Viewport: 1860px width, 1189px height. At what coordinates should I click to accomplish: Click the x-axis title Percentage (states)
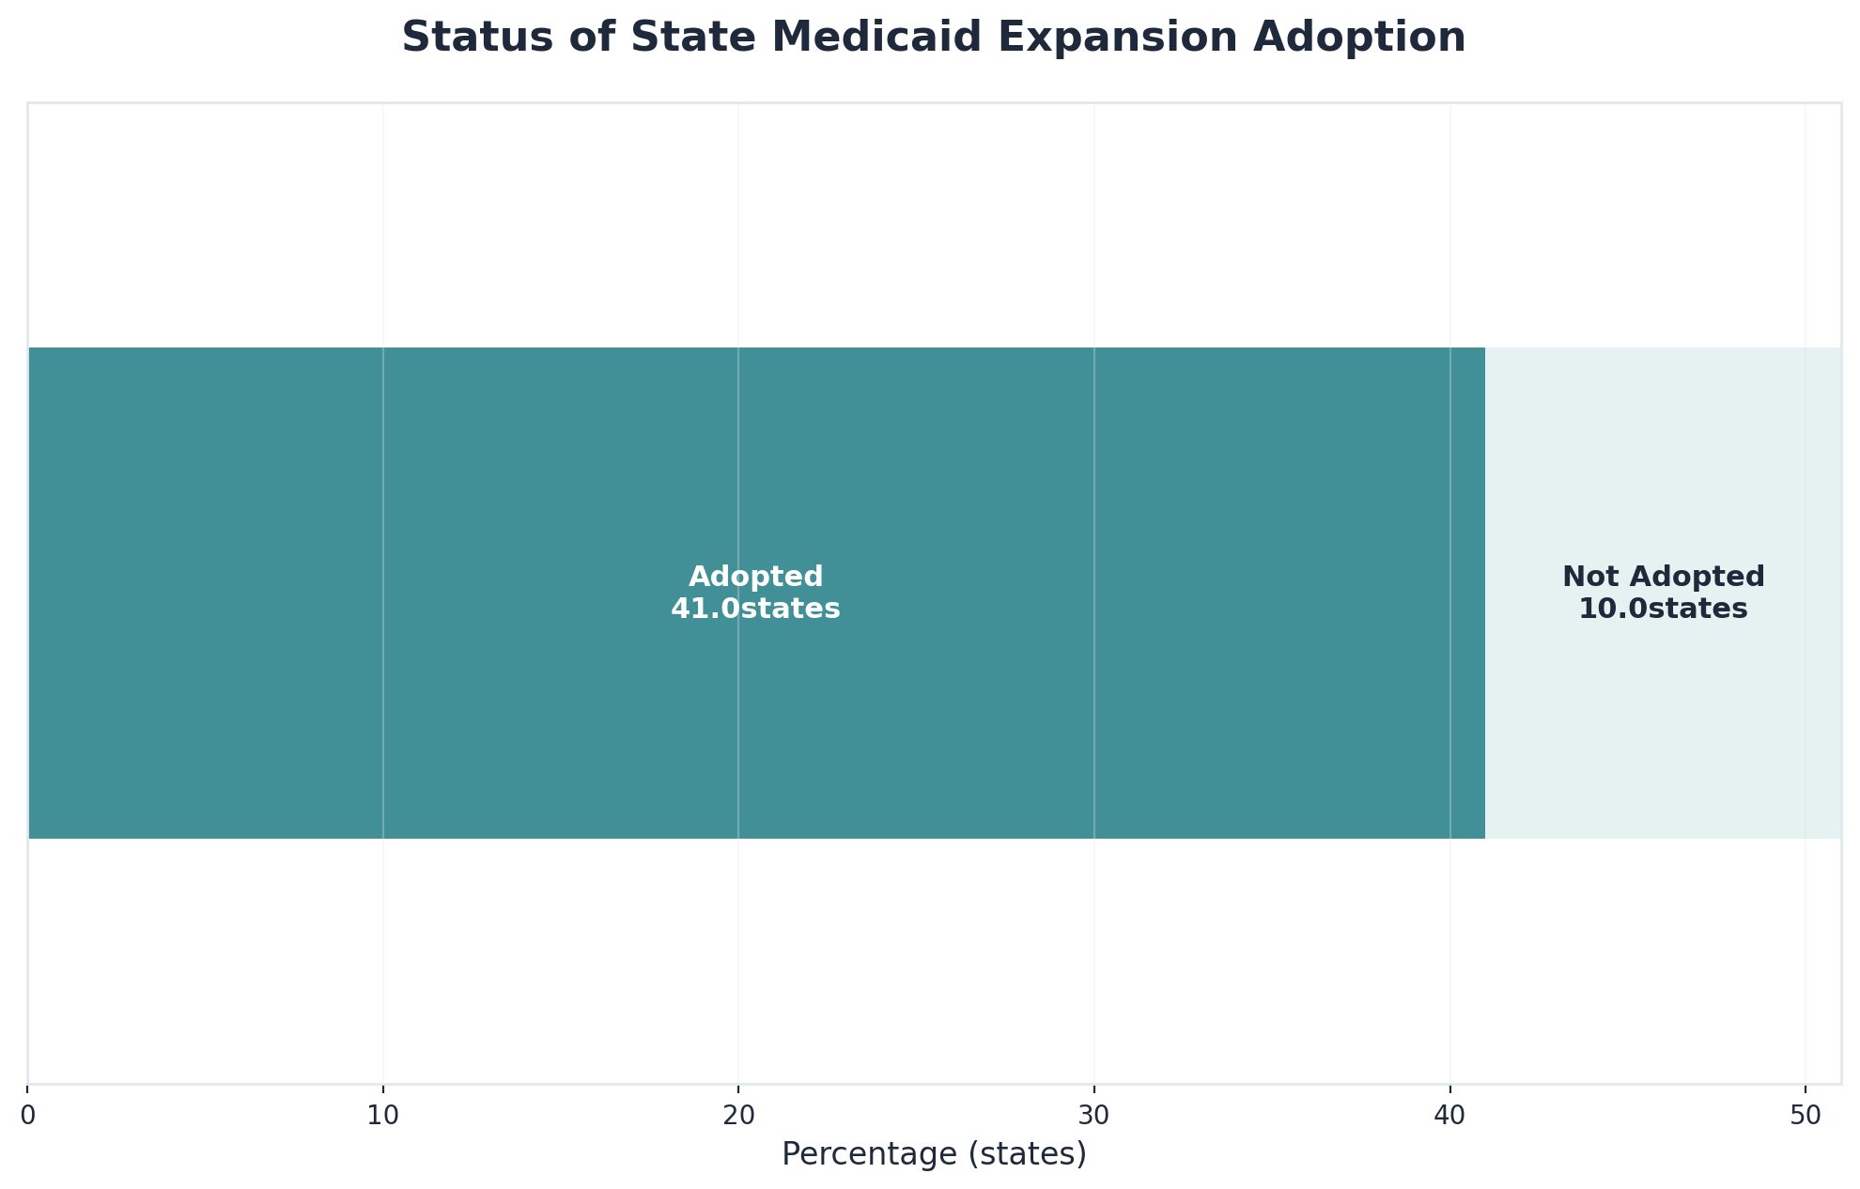pyautogui.click(x=934, y=1154)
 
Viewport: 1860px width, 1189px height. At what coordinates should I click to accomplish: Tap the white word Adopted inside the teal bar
pyautogui.click(x=755, y=577)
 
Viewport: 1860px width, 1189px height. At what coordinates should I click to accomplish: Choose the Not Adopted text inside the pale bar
pyautogui.click(x=1663, y=577)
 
